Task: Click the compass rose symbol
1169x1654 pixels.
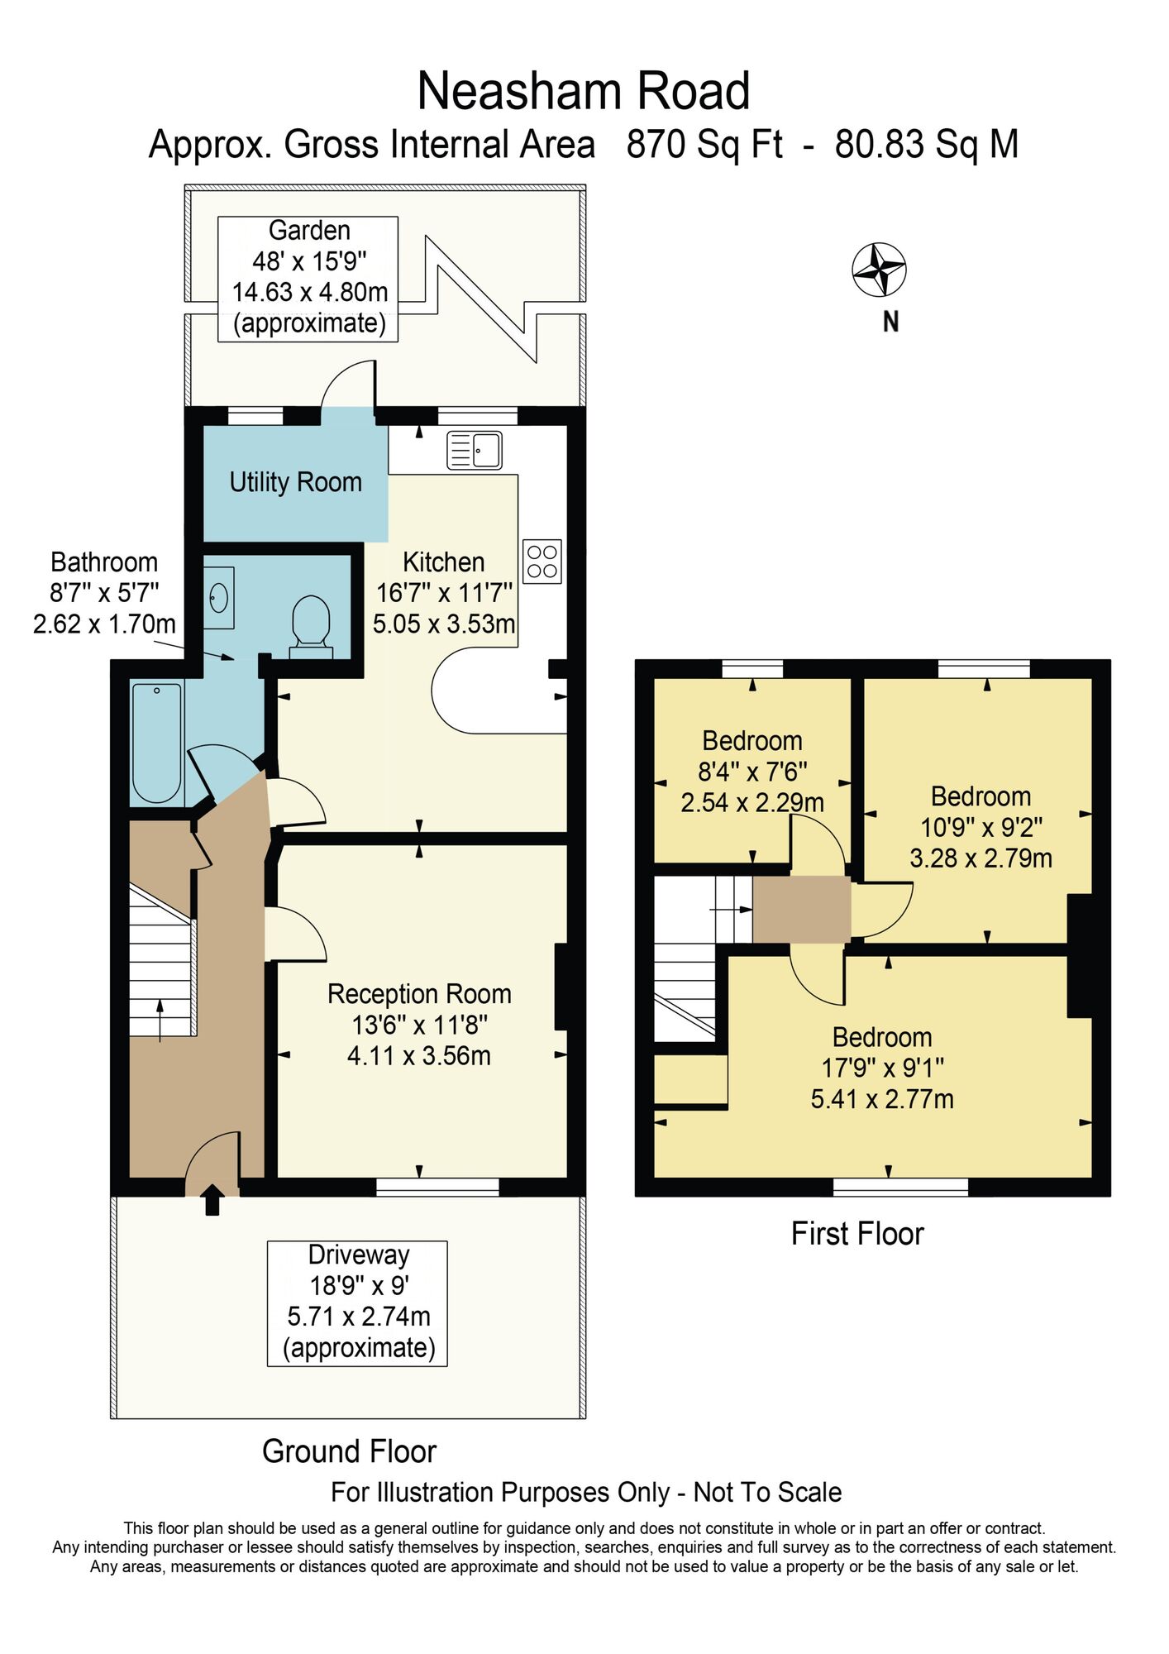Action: point(879,270)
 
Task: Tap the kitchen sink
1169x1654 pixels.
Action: point(475,451)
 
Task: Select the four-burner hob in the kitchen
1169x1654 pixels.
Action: point(542,562)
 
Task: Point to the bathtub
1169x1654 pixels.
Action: point(157,743)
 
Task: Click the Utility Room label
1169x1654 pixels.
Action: point(296,481)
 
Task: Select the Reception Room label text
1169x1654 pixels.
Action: point(419,994)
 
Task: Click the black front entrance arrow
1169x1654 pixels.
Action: point(212,1199)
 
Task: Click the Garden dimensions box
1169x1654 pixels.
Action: point(308,279)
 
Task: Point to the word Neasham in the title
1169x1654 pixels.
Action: point(514,91)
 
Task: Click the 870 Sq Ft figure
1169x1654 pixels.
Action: point(704,144)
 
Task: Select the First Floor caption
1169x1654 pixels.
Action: point(857,1234)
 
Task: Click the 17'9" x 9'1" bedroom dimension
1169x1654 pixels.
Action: point(882,1068)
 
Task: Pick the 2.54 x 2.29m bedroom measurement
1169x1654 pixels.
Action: point(752,802)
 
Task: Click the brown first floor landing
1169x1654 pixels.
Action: point(801,909)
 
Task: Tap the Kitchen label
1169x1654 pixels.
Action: point(444,562)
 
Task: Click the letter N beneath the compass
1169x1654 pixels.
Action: point(890,322)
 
